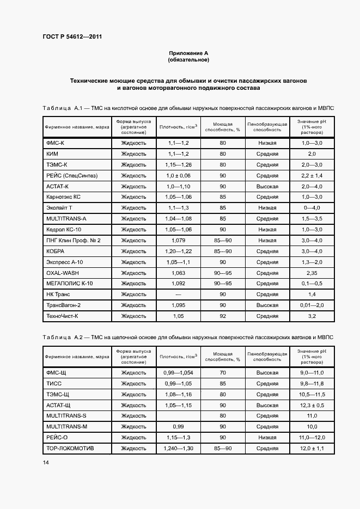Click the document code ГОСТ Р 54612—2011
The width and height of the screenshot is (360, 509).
pyautogui.click(x=72, y=37)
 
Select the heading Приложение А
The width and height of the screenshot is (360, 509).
pyautogui.click(x=188, y=53)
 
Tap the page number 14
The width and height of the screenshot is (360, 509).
pyautogui.click(x=45, y=463)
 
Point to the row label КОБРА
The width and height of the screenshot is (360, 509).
pyautogui.click(x=56, y=251)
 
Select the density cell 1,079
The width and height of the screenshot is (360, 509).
pyautogui.click(x=178, y=240)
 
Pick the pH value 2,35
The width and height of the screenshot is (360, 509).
pyautogui.click(x=312, y=273)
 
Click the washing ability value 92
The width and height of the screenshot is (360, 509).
pyautogui.click(x=223, y=316)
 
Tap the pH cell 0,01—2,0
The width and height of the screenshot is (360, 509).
pyautogui.click(x=312, y=305)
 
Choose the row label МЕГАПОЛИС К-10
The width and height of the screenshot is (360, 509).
pyautogui.click(x=70, y=284)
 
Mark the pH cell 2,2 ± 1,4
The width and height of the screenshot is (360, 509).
pyautogui.click(x=312, y=175)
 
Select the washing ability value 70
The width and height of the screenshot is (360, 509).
pyautogui.click(x=223, y=372)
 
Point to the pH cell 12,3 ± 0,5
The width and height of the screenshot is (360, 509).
pyautogui.click(x=312, y=405)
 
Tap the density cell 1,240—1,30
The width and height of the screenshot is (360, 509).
pyautogui.click(x=178, y=448)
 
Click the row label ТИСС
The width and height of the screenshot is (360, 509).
pyautogui.click(x=54, y=383)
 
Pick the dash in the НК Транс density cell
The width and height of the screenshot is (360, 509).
pyautogui.click(x=178, y=295)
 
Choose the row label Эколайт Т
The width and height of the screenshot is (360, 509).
pyautogui.click(x=60, y=208)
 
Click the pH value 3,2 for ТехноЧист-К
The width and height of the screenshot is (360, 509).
pyautogui.click(x=312, y=316)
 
